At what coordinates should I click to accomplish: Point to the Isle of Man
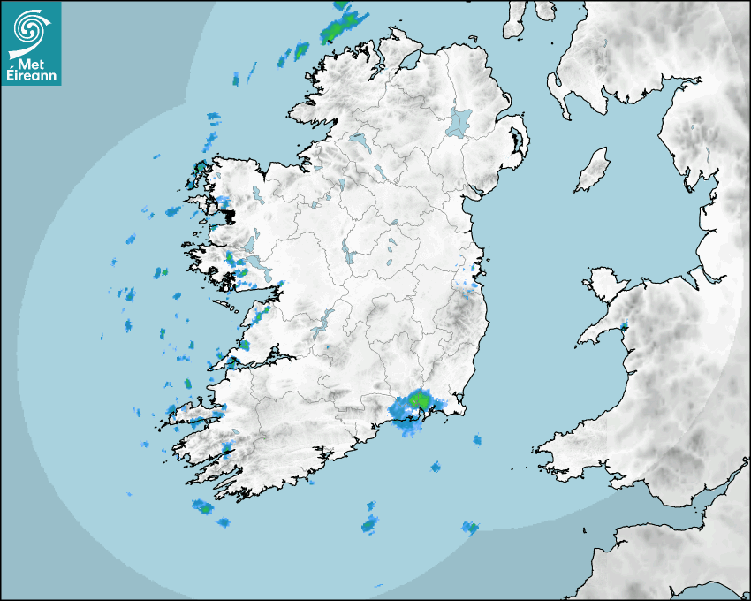tap(593, 171)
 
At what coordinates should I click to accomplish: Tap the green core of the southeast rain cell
tap(421, 400)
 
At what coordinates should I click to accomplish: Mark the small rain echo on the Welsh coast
tap(624, 327)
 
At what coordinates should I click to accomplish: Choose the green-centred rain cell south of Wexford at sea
tap(471, 529)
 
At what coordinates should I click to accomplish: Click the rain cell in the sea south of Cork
tap(369, 525)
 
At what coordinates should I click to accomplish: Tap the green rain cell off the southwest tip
tap(204, 507)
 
